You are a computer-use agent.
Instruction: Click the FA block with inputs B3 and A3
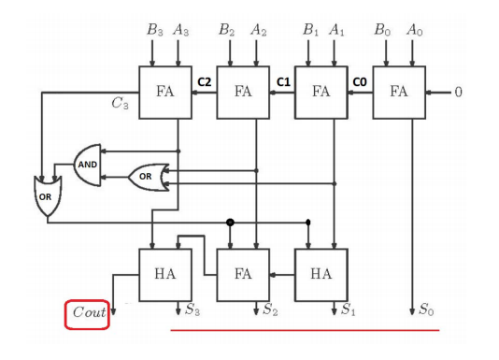click(x=164, y=93)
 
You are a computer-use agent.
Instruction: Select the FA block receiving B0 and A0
click(x=399, y=93)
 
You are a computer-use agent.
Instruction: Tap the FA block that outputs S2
click(x=243, y=275)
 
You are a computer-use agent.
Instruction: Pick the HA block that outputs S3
click(x=164, y=275)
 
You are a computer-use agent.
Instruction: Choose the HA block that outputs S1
click(x=321, y=275)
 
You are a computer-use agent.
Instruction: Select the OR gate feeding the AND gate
click(x=147, y=176)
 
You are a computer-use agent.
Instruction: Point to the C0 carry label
click(x=361, y=83)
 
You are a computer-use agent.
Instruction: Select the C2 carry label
click(x=205, y=83)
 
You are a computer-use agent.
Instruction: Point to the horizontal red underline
click(x=304, y=330)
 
